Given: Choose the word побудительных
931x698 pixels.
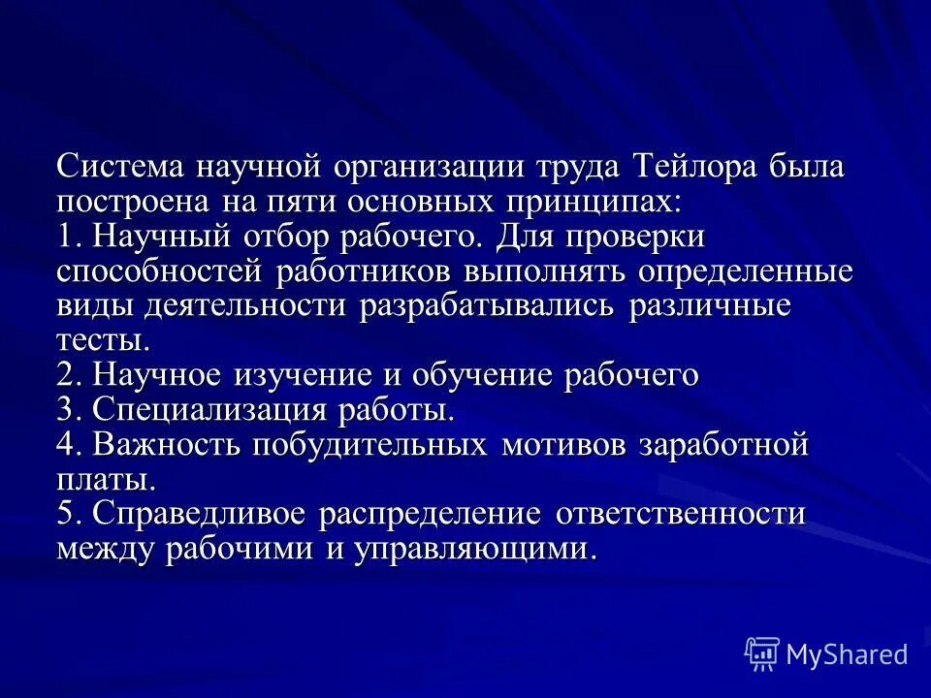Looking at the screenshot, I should click(369, 445).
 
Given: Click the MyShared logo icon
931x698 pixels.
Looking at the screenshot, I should click(761, 653).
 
